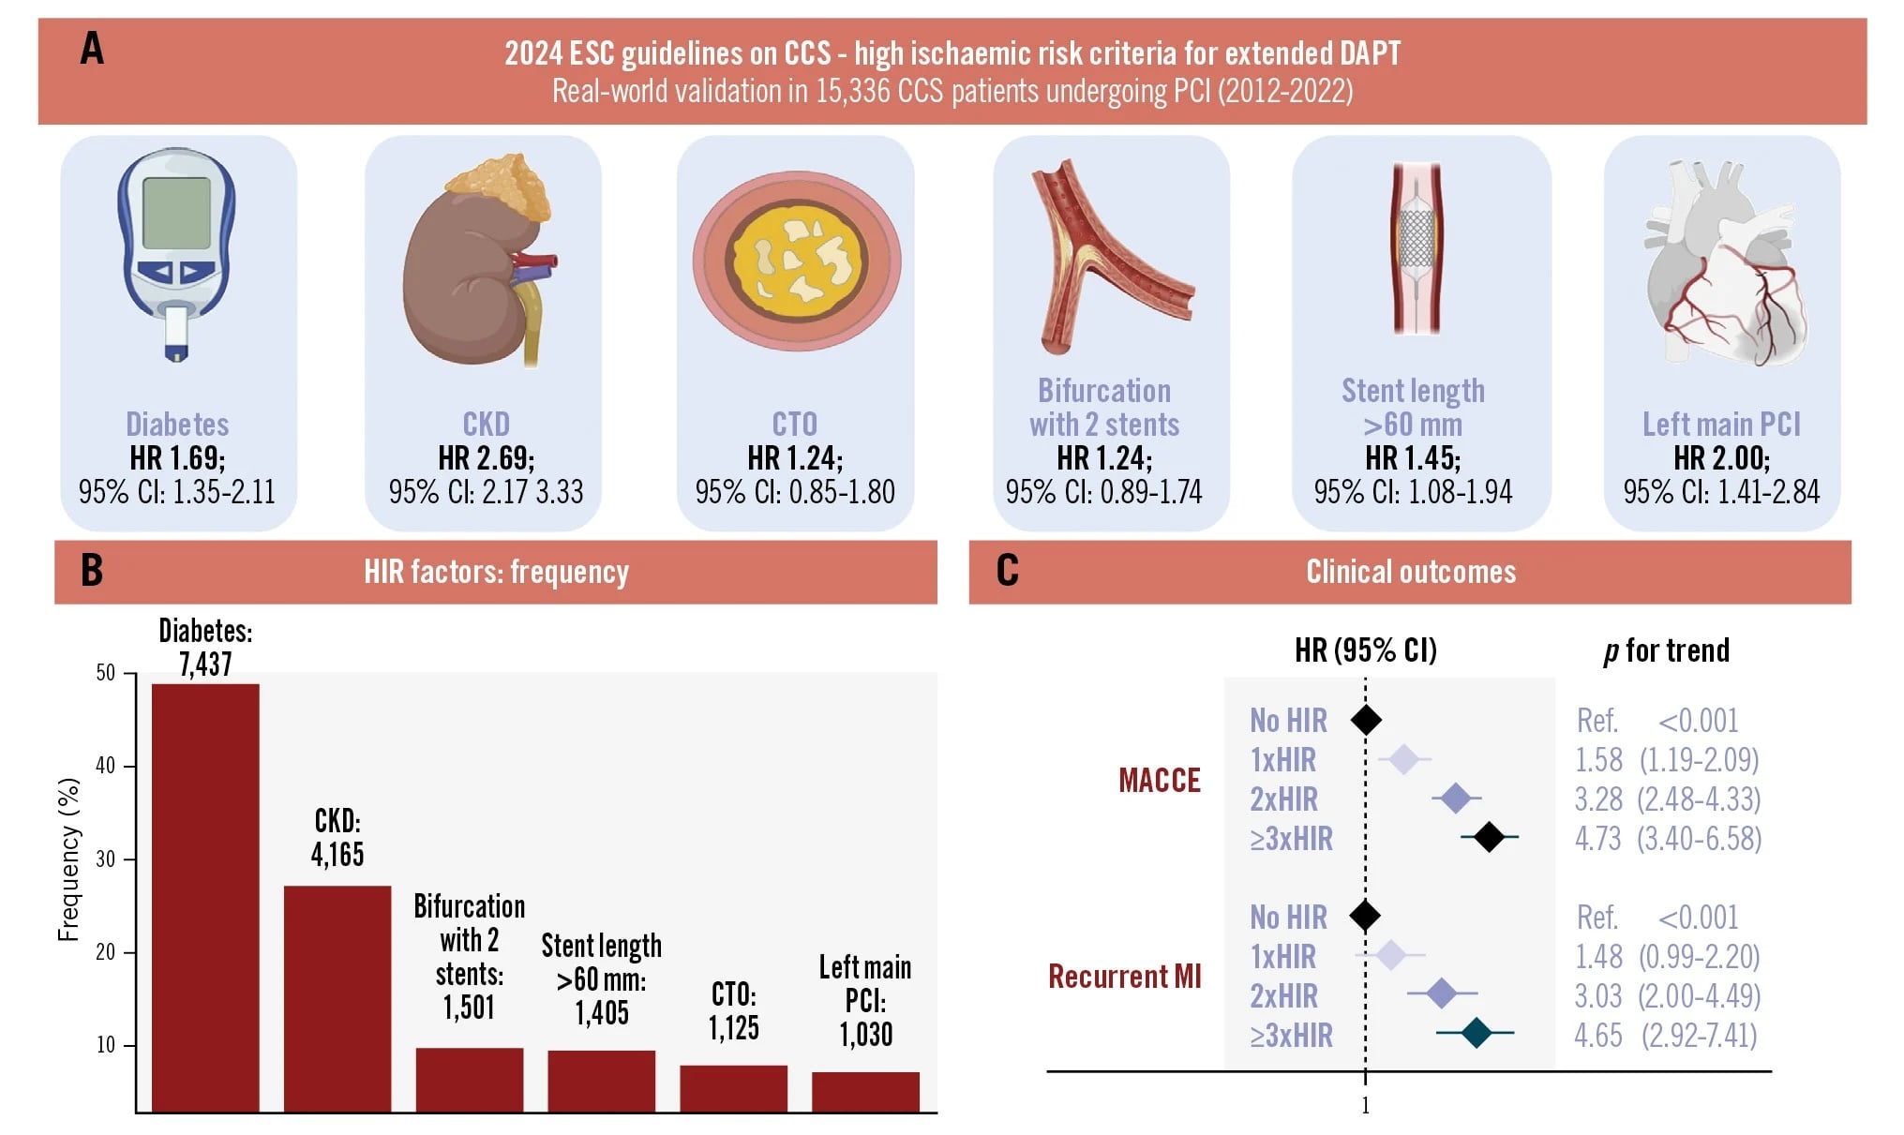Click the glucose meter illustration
point(176,255)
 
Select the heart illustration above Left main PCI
point(1725,267)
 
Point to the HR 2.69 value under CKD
point(486,458)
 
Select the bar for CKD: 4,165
point(337,998)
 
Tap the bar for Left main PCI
point(865,1092)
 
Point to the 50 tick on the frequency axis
point(105,673)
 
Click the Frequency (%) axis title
point(68,859)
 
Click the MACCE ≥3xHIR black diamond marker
point(1489,837)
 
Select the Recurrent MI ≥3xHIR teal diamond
point(1477,1033)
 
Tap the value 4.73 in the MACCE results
point(1597,838)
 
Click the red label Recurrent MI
point(1124,977)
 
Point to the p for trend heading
point(1666,650)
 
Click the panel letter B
point(91,571)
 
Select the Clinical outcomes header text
point(1410,572)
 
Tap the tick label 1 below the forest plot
point(1365,1106)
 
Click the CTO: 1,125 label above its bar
point(733,1010)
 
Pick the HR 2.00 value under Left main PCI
point(1721,458)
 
